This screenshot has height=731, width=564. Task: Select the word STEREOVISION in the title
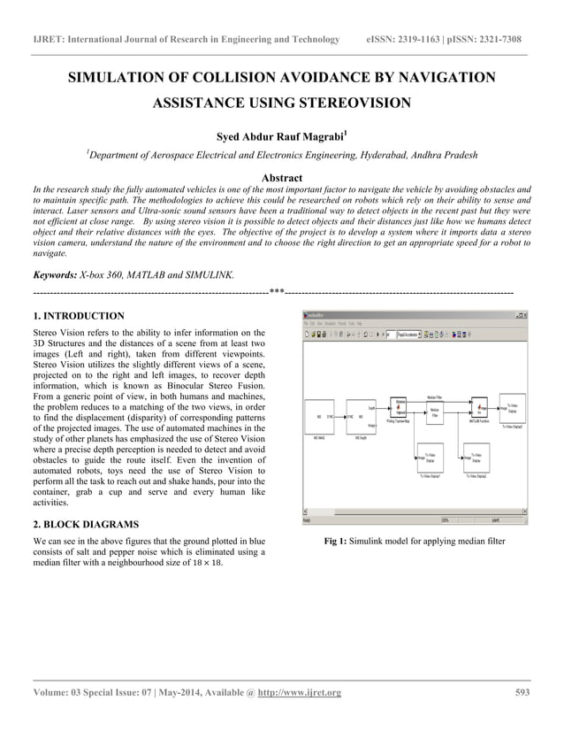[355, 104]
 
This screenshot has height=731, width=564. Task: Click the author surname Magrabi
[318, 137]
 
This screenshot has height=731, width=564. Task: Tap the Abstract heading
[282, 178]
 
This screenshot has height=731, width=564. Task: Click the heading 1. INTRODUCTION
[78, 315]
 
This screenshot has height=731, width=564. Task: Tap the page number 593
[522, 692]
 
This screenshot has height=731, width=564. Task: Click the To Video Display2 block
[476, 460]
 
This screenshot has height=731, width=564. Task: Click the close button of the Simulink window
[522, 314]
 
